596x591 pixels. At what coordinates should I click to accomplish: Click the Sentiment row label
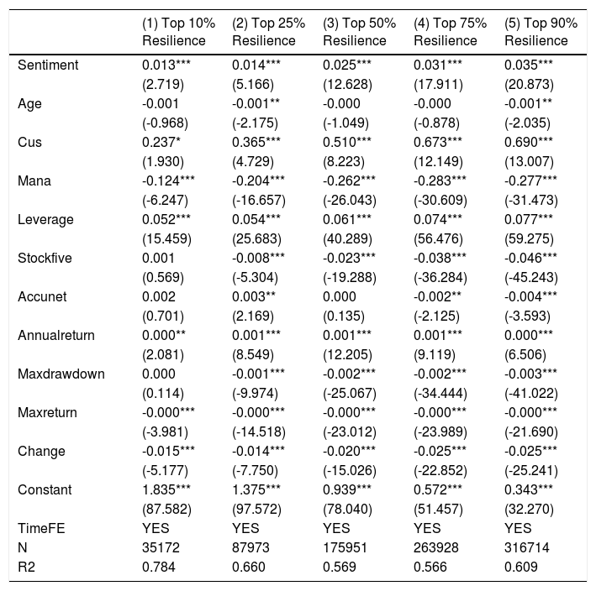pos(48,65)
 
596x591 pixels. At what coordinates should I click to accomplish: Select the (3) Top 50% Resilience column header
pos(359,32)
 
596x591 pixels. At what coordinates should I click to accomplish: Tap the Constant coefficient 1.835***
pos(166,489)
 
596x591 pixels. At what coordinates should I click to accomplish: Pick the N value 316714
pos(527,547)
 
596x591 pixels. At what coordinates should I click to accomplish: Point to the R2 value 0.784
pos(159,567)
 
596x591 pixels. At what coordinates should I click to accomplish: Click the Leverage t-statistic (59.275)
pos(529,238)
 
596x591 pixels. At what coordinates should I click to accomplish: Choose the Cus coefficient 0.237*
pos(161,142)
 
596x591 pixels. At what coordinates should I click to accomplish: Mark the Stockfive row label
pos(45,258)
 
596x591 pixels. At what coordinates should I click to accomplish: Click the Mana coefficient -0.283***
pos(440,180)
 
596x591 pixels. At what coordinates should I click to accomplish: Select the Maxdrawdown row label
pos(61,374)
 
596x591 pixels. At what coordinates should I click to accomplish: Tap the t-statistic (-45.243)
pos(531,278)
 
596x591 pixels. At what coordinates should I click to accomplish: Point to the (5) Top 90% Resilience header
pos(541,32)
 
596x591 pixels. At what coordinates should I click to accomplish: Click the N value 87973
pos(251,547)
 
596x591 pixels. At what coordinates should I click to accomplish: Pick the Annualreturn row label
pos(56,335)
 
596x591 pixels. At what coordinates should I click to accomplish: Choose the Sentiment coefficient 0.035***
pos(529,65)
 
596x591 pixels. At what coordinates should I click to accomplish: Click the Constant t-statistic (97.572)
pos(256,509)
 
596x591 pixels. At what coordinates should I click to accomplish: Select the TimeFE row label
pos(41,528)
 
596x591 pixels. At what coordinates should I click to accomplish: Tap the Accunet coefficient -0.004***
pos(530,296)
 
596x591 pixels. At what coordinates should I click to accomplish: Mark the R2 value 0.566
pos(430,567)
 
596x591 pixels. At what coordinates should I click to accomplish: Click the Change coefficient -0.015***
pos(168,451)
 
